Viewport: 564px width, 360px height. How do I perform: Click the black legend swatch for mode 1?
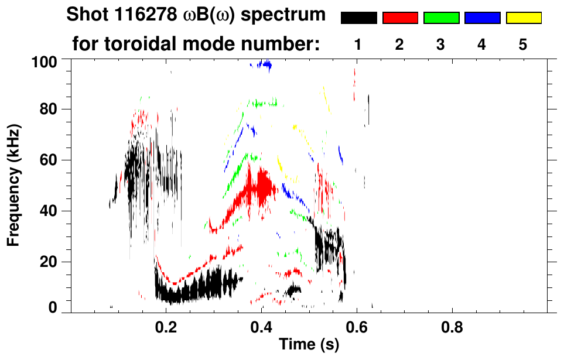tap(358, 18)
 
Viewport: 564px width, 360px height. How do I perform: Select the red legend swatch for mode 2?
tap(400, 18)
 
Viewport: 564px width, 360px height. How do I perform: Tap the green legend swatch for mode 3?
tap(441, 18)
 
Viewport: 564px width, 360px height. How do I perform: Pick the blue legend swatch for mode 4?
tap(482, 18)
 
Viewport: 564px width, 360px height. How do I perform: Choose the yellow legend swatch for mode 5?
tap(524, 18)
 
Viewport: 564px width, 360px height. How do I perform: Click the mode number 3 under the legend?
tap(441, 44)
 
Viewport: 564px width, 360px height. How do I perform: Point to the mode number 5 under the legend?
tap(524, 44)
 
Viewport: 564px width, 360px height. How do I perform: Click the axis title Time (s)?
tap(308, 345)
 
